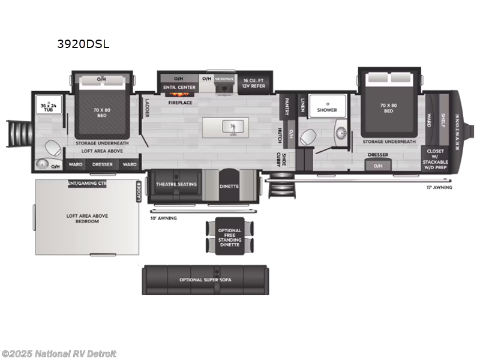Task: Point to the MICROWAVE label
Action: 224,79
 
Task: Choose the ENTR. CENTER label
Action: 178,87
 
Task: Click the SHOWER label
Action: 327,110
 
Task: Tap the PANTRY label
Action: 287,106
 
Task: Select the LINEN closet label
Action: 303,106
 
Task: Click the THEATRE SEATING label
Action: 176,184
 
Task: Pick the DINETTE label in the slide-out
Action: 229,186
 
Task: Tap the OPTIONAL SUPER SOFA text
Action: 205,280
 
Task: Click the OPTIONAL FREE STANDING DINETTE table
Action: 230,236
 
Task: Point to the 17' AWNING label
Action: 440,188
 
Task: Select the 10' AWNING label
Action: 164,218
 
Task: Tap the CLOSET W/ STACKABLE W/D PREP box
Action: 436,160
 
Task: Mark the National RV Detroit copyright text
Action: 59,354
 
